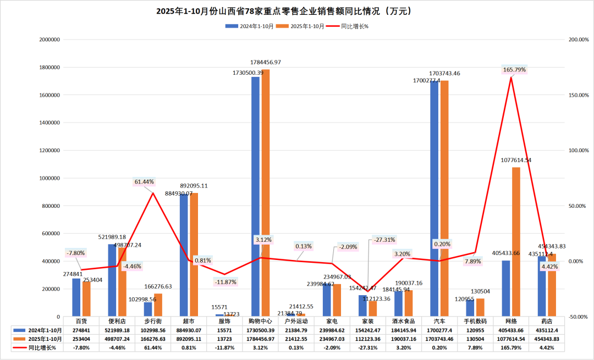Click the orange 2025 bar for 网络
[516, 242]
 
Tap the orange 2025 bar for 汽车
[444, 198]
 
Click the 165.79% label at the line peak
[514, 70]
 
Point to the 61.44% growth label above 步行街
[144, 182]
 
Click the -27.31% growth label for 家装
[384, 240]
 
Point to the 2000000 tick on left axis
[49, 40]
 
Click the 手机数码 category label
[474, 320]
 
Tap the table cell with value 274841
[81, 330]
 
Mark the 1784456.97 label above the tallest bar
[266, 62]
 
